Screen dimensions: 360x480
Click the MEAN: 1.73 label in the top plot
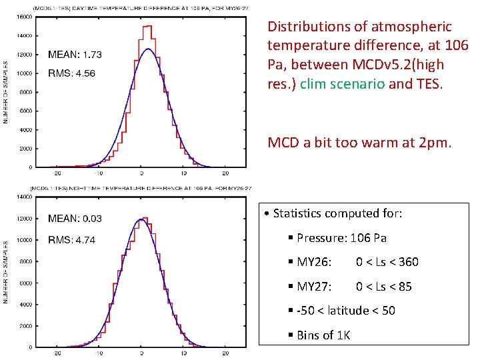[75, 54]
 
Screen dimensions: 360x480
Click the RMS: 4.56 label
[72, 73]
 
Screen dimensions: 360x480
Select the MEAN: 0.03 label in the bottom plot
[75, 218]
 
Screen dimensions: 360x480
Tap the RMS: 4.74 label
[72, 239]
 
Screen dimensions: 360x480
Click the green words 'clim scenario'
[331, 84]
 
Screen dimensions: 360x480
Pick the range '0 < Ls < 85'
[383, 287]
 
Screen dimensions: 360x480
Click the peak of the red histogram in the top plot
[147, 27]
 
